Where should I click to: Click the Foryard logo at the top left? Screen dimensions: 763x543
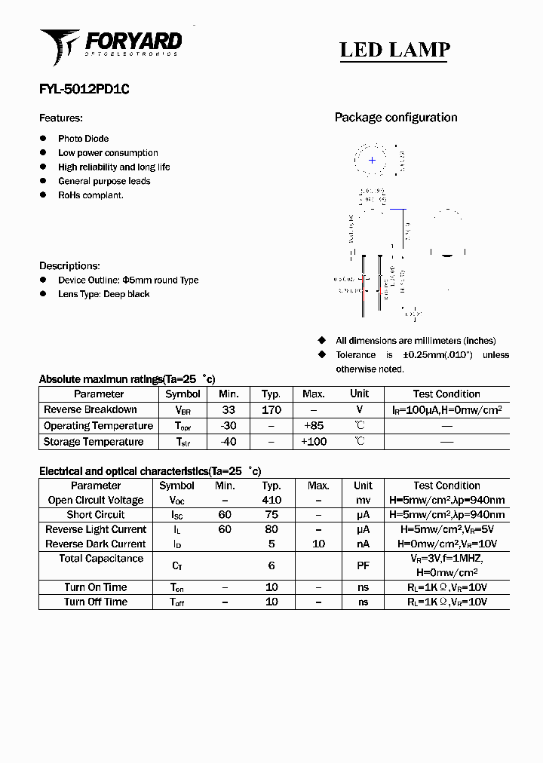tap(110, 46)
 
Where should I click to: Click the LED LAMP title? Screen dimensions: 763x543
tap(394, 50)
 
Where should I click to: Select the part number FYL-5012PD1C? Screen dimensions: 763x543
tap(84, 88)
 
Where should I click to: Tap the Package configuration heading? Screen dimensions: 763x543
tap(395, 118)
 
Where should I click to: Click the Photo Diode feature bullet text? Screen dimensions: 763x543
tap(83, 139)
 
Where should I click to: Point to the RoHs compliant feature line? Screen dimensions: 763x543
tap(90, 195)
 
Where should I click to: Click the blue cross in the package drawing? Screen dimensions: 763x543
tap(372, 160)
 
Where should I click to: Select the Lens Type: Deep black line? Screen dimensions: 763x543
tap(103, 294)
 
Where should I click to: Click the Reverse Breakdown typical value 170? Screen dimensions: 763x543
tap(271, 410)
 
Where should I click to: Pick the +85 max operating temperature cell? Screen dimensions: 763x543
tap(313, 426)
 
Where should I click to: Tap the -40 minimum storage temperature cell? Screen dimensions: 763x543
tap(229, 442)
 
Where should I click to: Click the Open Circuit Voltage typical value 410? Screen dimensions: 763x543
tap(271, 500)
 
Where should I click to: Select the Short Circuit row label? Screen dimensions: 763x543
tap(95, 515)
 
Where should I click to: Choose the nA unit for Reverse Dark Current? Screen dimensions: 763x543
tap(363, 544)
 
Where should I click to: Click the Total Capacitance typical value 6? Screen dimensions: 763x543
tap(271, 565)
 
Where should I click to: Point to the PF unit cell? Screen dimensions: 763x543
tap(363, 565)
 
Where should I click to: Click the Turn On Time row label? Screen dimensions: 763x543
tap(95, 587)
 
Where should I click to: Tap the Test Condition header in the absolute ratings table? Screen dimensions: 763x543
tap(446, 394)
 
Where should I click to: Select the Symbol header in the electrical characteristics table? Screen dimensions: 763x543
tap(177, 486)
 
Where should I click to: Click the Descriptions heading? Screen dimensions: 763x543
tap(69, 266)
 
